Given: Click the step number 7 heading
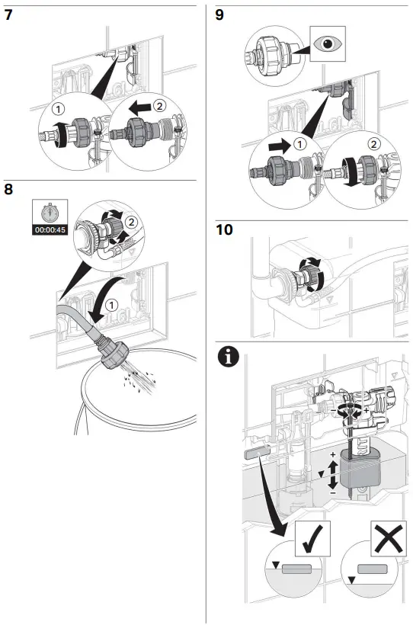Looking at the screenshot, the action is [x=8, y=15].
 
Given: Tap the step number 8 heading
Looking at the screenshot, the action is [x=8, y=189].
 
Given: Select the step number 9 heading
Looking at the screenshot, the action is [x=219, y=15].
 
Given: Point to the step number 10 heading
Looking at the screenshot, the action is [x=224, y=230].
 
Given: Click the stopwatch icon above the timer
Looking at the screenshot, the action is [x=50, y=213].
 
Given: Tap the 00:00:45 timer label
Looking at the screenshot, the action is [x=50, y=230].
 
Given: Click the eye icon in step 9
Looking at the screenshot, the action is [x=328, y=43].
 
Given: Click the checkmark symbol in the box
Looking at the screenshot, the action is [x=312, y=539].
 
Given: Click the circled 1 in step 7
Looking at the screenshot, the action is [x=58, y=109].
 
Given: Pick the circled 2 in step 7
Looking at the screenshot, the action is [x=160, y=106].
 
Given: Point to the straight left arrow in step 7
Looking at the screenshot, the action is [x=139, y=107].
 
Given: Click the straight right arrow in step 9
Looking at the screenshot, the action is [x=280, y=146].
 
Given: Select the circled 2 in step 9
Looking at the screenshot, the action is [x=373, y=143].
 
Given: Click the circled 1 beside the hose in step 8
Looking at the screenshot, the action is [x=113, y=306].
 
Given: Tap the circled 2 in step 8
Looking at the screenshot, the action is [x=131, y=221].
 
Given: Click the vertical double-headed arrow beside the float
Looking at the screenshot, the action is [x=332, y=474].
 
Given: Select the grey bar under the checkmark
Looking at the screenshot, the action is [x=296, y=569].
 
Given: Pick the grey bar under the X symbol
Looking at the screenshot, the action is [x=372, y=569].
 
